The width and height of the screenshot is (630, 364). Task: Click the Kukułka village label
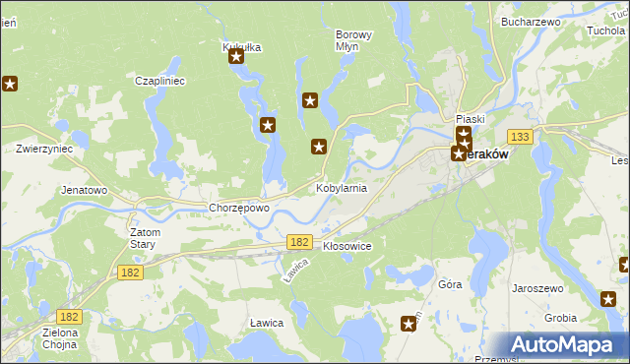click(x=241, y=46)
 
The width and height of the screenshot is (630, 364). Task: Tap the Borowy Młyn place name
click(x=353, y=40)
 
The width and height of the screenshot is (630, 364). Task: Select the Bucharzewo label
click(x=530, y=21)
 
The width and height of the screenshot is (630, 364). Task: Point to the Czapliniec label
click(x=160, y=81)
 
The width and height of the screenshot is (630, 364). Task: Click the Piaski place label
click(x=472, y=119)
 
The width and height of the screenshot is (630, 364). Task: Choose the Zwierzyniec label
click(x=44, y=150)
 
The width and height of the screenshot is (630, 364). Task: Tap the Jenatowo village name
click(x=84, y=189)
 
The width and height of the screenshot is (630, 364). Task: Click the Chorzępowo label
click(x=239, y=209)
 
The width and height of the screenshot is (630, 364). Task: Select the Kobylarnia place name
click(x=341, y=187)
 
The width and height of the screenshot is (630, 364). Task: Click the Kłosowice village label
click(x=346, y=246)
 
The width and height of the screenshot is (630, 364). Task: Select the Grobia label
click(x=560, y=318)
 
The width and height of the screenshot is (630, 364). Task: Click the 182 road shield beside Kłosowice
click(x=299, y=241)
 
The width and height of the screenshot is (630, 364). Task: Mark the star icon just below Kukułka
click(x=237, y=57)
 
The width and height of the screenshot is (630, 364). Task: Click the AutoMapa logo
click(x=563, y=345)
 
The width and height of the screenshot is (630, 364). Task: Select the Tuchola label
click(x=605, y=30)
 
